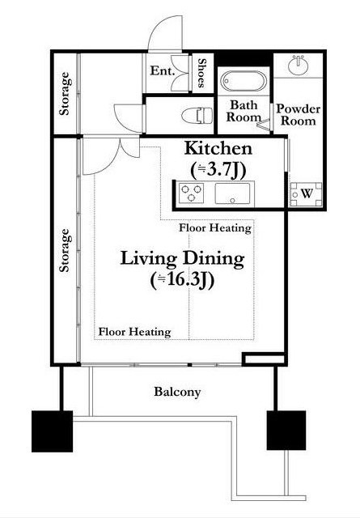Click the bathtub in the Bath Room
tap(244, 81)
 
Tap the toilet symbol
tap(197, 116)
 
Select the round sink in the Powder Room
tap(299, 66)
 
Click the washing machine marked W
tap(306, 194)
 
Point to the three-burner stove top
tap(191, 193)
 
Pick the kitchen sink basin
tap(232, 193)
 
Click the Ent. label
tap(162, 70)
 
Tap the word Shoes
tap(202, 73)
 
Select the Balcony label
tap(177, 392)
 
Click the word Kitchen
tap(218, 148)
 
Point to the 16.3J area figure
tap(183, 281)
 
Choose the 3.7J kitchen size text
tap(218, 170)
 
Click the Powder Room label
tap(299, 115)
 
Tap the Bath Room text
tap(244, 112)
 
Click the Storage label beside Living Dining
tap(65, 250)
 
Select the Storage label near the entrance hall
tap(65, 94)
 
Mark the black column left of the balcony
tap(53, 431)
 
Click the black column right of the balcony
tap(286, 430)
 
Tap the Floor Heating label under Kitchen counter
tap(215, 228)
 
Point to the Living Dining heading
tap(182, 259)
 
